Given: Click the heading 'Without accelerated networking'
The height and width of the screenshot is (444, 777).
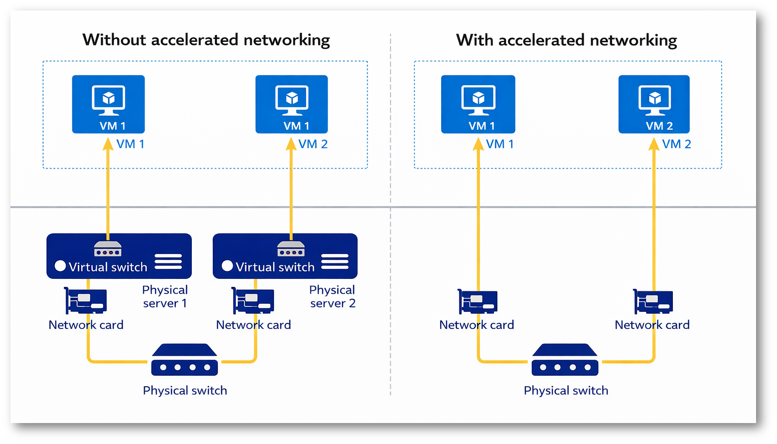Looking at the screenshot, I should pyautogui.click(x=206, y=40).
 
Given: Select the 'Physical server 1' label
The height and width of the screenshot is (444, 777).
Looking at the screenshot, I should pyautogui.click(x=165, y=296).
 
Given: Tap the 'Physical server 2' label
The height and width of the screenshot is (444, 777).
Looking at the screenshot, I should pyautogui.click(x=332, y=296).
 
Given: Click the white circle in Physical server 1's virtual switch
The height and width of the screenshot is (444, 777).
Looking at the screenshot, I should pyautogui.click(x=60, y=266).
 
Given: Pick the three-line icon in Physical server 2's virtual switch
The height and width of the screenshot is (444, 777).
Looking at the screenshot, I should pyautogui.click(x=334, y=261).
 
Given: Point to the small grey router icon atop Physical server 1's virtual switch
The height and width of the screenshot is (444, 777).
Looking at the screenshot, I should pyautogui.click(x=108, y=248).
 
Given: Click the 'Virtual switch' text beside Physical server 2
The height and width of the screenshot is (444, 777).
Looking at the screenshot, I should pyautogui.click(x=275, y=267).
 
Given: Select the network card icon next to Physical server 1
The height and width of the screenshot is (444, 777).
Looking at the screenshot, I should pyautogui.click(x=85, y=300).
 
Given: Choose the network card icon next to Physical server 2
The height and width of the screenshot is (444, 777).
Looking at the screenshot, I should pyautogui.click(x=253, y=300).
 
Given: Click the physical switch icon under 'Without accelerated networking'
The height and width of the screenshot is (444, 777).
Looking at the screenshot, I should pyautogui.click(x=184, y=360).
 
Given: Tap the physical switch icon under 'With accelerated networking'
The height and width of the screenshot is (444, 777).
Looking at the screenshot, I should pyautogui.click(x=565, y=360).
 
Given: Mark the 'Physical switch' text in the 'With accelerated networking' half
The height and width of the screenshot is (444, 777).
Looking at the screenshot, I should pyautogui.click(x=566, y=390).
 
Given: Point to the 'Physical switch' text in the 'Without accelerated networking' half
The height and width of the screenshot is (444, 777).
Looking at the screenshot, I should pyautogui.click(x=185, y=390).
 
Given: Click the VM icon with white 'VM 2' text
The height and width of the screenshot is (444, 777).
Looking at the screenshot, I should pyautogui.click(x=654, y=104).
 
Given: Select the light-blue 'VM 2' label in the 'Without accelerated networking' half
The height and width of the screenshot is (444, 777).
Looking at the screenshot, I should pyautogui.click(x=313, y=144).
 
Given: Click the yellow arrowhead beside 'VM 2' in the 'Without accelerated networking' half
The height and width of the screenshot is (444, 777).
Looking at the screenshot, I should pyautogui.click(x=291, y=144).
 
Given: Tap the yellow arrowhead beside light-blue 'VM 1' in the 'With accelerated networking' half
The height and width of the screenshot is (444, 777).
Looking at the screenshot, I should pyautogui.click(x=478, y=144).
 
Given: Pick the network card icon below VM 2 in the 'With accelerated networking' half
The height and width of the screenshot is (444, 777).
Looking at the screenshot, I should pyautogui.click(x=653, y=301).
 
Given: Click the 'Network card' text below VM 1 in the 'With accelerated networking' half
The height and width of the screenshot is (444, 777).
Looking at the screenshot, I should pyautogui.click(x=476, y=325).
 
